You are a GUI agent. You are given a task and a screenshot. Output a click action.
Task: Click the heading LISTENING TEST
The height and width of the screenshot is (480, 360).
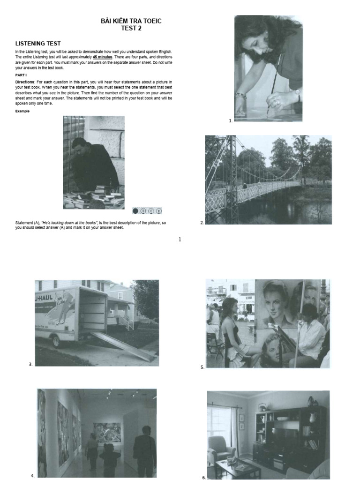tap(38, 44)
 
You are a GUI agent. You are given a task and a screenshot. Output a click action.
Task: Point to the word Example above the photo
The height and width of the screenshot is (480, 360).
tap(22, 111)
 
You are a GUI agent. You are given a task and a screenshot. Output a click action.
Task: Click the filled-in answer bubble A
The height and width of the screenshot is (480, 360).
tap(135, 211)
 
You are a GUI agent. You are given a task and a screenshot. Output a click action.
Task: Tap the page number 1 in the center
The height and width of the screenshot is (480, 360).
tap(180, 240)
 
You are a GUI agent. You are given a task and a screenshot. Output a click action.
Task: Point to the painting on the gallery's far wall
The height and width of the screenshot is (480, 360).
tap(107, 432)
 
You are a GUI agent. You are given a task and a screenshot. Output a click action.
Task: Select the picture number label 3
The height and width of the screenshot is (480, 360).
tap(30, 364)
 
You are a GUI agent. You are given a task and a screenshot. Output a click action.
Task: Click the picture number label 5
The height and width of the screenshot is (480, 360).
tap(202, 367)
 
